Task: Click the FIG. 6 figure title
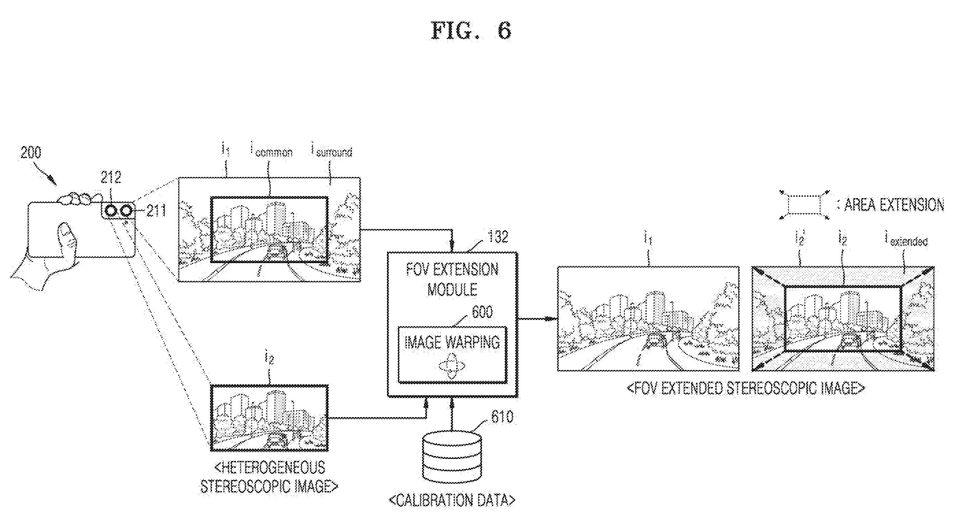tap(471, 30)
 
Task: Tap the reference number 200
tap(31, 153)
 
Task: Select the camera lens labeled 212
tap(110, 211)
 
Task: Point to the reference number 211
tap(156, 211)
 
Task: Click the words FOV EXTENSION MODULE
tap(452, 280)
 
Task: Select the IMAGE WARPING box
tap(452, 355)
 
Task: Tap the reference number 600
tap(482, 312)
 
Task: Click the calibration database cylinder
tap(452, 458)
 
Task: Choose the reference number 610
tap(502, 417)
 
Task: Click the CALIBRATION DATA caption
tap(452, 500)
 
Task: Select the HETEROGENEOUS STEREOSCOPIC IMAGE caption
tap(269, 477)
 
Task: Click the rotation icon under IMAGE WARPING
tap(451, 365)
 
